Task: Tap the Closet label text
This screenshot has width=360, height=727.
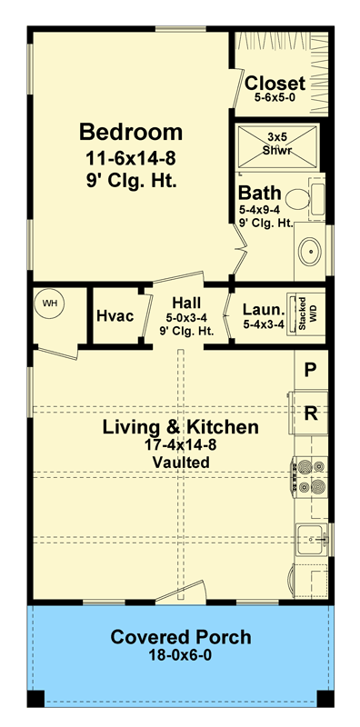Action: pyautogui.click(x=275, y=83)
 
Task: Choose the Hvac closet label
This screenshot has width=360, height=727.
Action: pyautogui.click(x=115, y=316)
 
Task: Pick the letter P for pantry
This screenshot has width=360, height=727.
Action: pyautogui.click(x=310, y=370)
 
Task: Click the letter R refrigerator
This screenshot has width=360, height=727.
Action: pyautogui.click(x=310, y=414)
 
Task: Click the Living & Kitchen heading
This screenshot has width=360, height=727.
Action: pyautogui.click(x=180, y=427)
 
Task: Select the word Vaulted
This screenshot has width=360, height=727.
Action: pyautogui.click(x=181, y=463)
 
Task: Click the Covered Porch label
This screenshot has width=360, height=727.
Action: pyautogui.click(x=181, y=636)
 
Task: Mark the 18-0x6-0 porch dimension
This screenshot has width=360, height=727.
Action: pyautogui.click(x=181, y=654)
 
